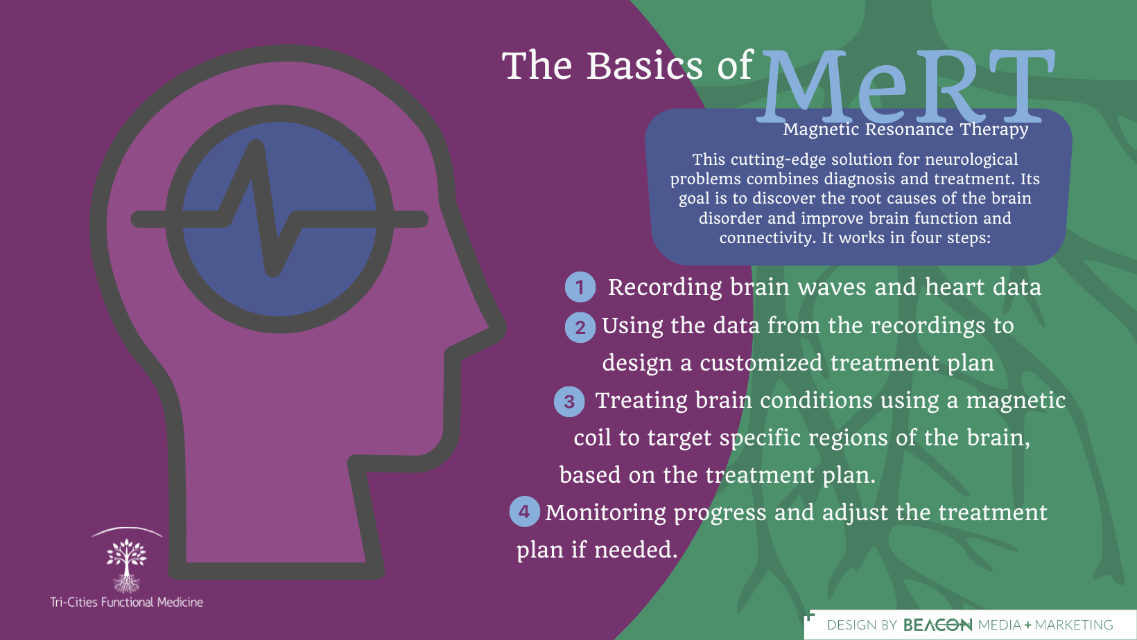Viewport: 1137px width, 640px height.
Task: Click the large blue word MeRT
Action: (x=906, y=86)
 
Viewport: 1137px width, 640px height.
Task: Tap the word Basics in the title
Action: (x=645, y=65)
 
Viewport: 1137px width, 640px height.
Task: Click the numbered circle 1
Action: (x=580, y=287)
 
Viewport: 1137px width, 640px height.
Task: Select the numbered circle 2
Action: (x=580, y=327)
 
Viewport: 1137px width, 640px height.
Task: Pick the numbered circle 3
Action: (x=569, y=402)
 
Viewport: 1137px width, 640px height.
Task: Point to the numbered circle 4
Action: (x=524, y=511)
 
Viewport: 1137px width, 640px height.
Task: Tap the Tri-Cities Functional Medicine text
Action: (x=126, y=602)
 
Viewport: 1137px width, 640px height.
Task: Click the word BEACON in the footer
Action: (x=937, y=625)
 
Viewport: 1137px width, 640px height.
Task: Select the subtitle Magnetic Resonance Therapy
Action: (x=905, y=130)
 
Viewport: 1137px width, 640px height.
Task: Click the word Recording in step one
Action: (x=665, y=287)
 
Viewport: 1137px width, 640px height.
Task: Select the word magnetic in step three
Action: (x=1016, y=400)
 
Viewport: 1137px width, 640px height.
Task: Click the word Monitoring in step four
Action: (x=605, y=513)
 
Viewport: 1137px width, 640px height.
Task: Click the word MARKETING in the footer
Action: (x=1073, y=625)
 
